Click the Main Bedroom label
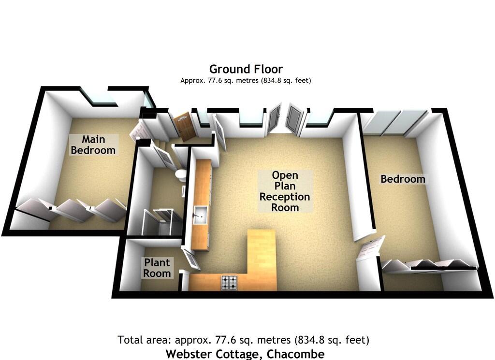[x=93, y=144]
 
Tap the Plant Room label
[x=157, y=268]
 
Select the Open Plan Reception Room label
[x=285, y=191]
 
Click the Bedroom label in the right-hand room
[x=403, y=179]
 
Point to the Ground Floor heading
[x=246, y=69]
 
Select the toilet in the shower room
[x=181, y=175]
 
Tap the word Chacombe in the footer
[x=295, y=354]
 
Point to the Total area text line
[x=244, y=340]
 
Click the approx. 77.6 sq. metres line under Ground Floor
[x=246, y=80]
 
